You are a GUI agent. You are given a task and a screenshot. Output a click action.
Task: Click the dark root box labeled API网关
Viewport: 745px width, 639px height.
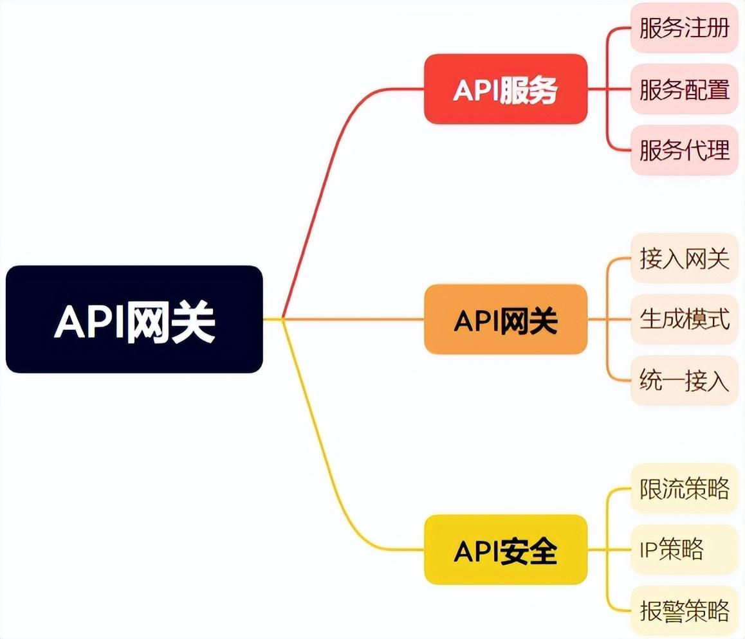click(x=134, y=319)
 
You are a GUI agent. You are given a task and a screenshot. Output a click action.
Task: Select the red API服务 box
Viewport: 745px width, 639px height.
click(x=506, y=89)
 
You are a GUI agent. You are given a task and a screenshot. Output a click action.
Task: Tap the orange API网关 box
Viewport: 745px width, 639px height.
click(x=506, y=319)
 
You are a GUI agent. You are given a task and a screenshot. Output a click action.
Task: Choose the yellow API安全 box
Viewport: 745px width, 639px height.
click(x=506, y=550)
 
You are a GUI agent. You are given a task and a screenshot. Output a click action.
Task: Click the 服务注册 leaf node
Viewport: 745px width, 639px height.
click(x=684, y=28)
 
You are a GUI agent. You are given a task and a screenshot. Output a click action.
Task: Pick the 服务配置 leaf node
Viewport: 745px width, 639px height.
click(x=684, y=89)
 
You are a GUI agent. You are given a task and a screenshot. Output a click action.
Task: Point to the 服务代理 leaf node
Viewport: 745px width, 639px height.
click(x=684, y=150)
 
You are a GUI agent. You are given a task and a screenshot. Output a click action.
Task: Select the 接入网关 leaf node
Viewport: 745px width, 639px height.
click(x=684, y=258)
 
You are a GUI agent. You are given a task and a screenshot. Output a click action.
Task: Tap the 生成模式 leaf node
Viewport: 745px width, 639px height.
click(x=684, y=319)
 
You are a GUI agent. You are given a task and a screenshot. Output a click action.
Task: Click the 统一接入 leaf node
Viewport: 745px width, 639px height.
click(x=684, y=381)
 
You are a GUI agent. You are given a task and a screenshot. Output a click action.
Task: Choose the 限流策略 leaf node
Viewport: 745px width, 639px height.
click(x=684, y=489)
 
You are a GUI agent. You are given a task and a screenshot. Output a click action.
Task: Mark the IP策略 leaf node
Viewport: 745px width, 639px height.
click(x=684, y=550)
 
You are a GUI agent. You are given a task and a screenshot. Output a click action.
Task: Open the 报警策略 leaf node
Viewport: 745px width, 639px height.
click(x=684, y=611)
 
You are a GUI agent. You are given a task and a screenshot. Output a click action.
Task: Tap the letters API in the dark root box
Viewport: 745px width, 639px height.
click(x=90, y=321)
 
